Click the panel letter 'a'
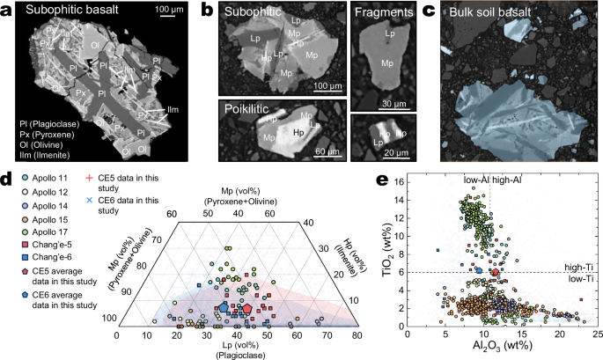tap(7, 11)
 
